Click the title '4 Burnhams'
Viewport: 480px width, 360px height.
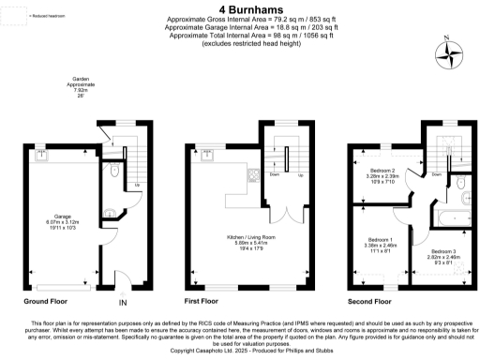[x=239, y=7]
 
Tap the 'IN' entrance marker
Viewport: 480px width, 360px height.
[x=122, y=303]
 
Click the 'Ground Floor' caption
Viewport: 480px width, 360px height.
[x=48, y=302]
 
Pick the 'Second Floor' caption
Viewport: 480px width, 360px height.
[x=369, y=302]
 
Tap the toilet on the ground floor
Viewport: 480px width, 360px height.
[x=112, y=172]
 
